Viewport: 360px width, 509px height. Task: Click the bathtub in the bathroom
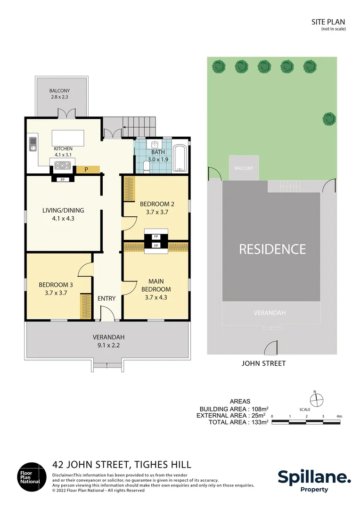(x=180, y=158)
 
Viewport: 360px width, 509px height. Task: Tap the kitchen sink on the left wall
(x=33, y=143)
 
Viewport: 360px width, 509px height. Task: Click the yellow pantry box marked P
(x=88, y=169)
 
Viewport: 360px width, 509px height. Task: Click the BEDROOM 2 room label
(x=157, y=204)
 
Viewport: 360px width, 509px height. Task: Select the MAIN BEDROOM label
(x=156, y=286)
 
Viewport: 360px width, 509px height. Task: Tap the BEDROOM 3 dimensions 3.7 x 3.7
(x=53, y=293)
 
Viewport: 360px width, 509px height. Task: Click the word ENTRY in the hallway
(x=106, y=298)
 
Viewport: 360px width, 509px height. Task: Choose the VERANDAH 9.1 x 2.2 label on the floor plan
(x=108, y=341)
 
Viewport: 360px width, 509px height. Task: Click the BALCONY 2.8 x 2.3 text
(x=60, y=94)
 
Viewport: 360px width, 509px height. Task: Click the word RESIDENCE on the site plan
(x=272, y=249)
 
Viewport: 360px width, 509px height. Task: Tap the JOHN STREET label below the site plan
(x=263, y=363)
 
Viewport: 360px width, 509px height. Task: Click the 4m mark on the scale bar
(x=339, y=416)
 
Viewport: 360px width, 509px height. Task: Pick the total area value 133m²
(x=259, y=422)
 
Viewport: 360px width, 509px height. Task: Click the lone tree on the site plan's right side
(x=329, y=118)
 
